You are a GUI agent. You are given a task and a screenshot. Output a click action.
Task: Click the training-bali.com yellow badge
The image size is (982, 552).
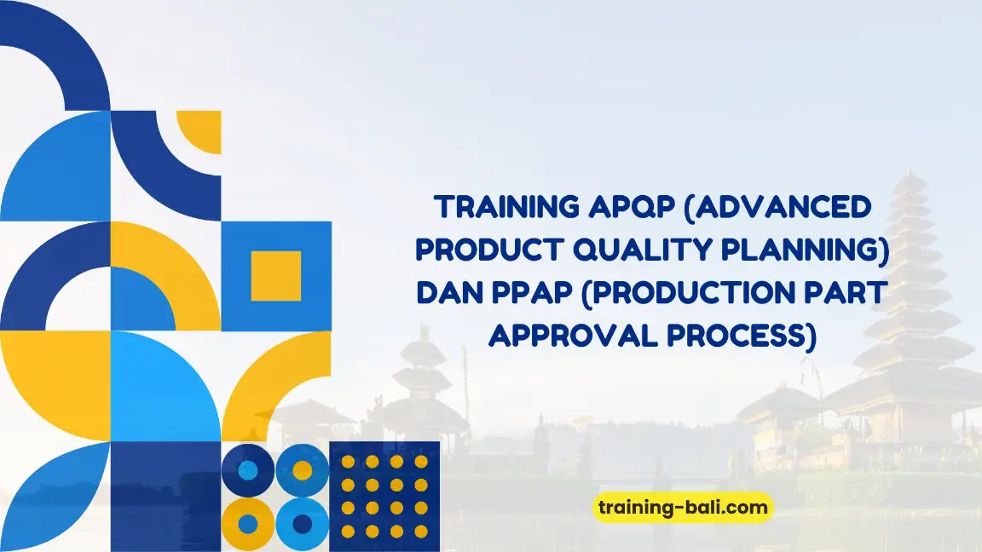tap(682, 509)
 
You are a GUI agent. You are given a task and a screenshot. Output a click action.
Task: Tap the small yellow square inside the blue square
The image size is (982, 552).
tap(276, 276)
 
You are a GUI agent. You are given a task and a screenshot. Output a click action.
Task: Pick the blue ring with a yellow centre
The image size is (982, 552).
tap(302, 469)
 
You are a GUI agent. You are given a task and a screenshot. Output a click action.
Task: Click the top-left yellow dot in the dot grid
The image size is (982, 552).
tap(349, 462)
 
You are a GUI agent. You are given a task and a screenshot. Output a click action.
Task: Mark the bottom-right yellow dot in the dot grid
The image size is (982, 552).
tap(421, 531)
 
